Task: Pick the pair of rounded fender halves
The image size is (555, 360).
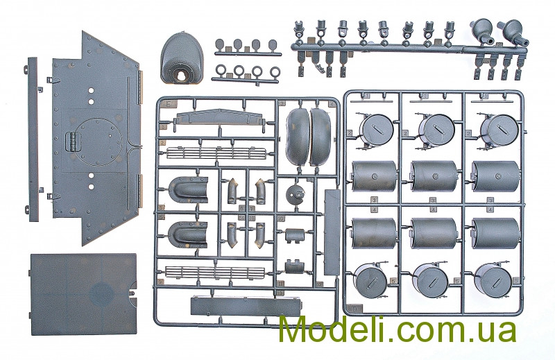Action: pyautogui.click(x=309, y=135)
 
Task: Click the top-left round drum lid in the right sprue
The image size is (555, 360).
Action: pyautogui.click(x=377, y=128)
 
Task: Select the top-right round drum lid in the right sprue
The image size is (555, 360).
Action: pyautogui.click(x=498, y=128)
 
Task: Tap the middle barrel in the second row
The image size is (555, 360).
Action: pyautogui.click(x=434, y=176)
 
